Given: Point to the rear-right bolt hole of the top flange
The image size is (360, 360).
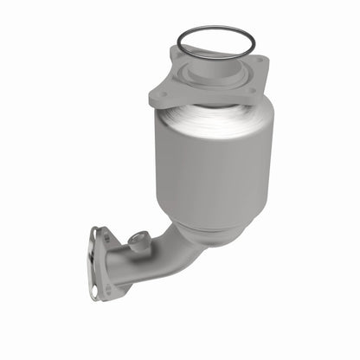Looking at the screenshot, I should click(256, 61).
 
